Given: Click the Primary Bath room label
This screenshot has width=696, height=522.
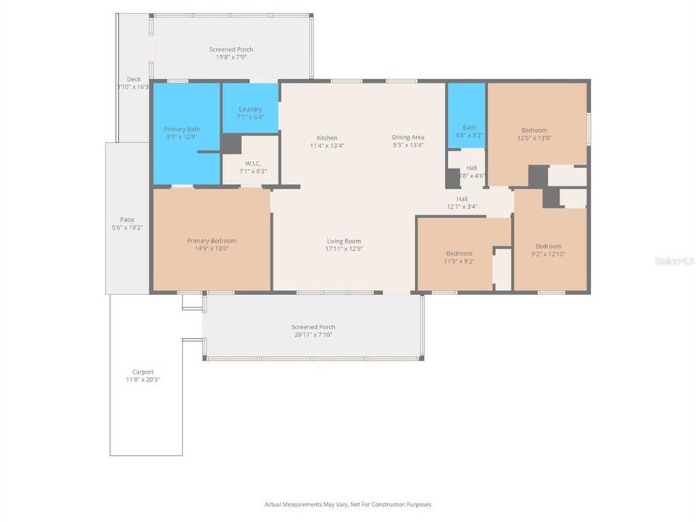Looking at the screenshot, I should point(181,129).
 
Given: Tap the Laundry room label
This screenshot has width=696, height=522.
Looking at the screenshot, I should point(250,109).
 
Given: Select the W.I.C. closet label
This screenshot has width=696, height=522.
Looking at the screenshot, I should point(252,163).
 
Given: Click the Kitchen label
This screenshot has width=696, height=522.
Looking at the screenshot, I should point(326,138).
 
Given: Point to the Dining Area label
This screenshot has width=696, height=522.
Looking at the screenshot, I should point(408,137).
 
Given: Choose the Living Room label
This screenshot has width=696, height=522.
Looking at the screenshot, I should point(344,241).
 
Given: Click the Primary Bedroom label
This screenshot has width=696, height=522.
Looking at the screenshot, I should point(212,241).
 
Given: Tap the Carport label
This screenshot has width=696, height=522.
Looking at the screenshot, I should point(143,371).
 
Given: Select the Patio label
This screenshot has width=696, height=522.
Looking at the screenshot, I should point(127,220).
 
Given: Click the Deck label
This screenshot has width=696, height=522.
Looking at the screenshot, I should point(133,80).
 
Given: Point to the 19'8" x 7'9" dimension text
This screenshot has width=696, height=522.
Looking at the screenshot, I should point(231,57).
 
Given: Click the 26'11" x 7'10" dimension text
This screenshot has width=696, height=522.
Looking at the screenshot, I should point(313,335).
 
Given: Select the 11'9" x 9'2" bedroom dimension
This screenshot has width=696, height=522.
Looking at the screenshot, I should point(459,261).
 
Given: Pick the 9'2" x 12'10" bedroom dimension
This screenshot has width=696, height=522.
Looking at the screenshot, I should point(548,254).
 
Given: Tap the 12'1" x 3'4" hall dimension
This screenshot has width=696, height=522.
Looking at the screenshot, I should point(462,207).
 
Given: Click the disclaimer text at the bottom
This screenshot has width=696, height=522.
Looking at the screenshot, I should point(347,504).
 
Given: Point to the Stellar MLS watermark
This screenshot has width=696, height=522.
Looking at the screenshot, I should point(674,260).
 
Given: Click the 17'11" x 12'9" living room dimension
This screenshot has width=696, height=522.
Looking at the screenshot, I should point(344,249).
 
